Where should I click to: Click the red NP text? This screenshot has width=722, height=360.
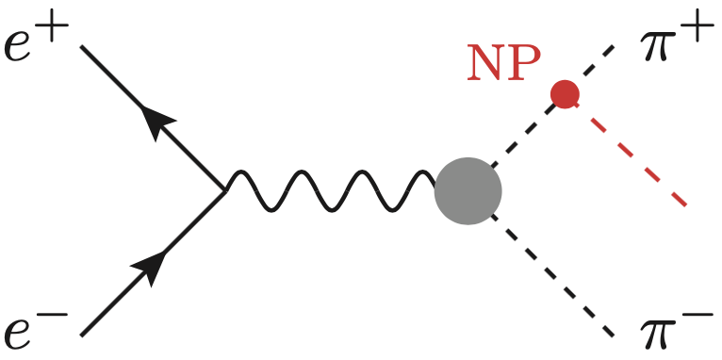[504, 63]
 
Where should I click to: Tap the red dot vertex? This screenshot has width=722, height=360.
[565, 94]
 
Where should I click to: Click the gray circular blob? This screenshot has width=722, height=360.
[468, 191]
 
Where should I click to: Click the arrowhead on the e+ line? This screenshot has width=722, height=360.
[157, 123]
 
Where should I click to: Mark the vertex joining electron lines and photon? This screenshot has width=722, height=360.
[225, 191]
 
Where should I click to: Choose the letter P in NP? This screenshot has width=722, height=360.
[524, 63]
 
